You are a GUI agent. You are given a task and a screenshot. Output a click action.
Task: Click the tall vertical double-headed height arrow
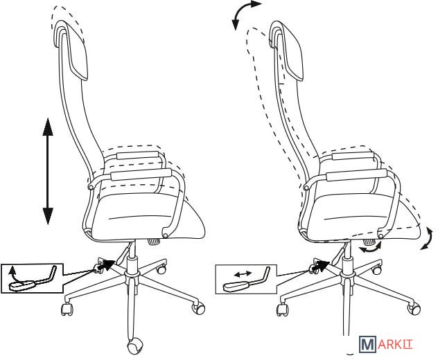pyautogui.click(x=48, y=171)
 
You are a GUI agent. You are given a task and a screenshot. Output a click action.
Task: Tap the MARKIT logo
pyautogui.click(x=386, y=344)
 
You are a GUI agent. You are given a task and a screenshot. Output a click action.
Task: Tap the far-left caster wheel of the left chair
pyautogui.click(x=67, y=309)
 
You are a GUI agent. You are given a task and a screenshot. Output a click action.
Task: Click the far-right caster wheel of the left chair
pyautogui.click(x=198, y=307)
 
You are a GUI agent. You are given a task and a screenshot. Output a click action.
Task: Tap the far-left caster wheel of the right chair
pyautogui.click(x=282, y=309)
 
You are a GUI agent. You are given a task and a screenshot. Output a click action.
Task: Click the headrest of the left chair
pyautogui.click(x=71, y=50)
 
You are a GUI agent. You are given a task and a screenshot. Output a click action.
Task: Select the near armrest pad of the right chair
pyautogui.click(x=356, y=175)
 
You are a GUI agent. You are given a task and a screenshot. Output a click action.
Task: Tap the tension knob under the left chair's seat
pyautogui.click(x=154, y=241)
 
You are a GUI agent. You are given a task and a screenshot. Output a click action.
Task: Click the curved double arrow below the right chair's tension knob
pyautogui.click(x=370, y=248)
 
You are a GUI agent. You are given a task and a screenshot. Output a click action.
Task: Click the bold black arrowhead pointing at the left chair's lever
pyautogui.click(x=108, y=264)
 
